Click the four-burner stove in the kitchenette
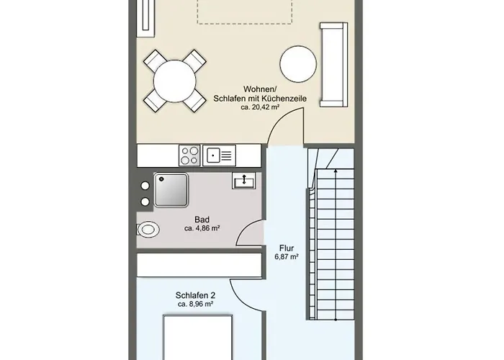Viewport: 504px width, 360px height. tap(190, 154)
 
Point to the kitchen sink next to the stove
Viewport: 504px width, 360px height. tap(219, 154)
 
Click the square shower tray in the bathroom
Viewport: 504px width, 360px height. tap(171, 189)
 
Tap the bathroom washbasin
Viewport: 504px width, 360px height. tap(244, 181)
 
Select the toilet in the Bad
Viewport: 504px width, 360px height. tap(148, 230)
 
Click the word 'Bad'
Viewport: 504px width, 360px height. tap(202, 219)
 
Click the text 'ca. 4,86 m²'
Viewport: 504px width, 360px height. tap(202, 228)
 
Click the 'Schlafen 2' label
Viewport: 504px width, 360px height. tap(195, 295)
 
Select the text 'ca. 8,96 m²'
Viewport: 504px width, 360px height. tap(195, 305)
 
